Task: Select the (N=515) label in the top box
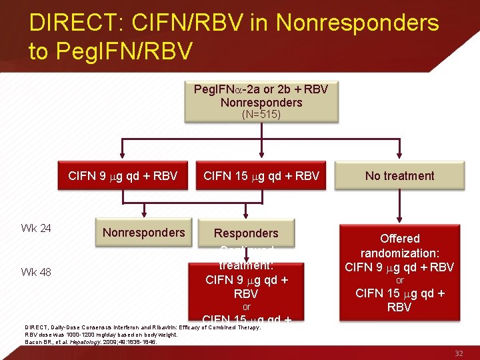tap(261, 114)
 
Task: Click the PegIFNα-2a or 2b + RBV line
tap(261, 89)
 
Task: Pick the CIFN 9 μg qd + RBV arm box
tap(123, 176)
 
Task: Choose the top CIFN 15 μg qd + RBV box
tap(261, 176)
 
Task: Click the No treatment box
tap(399, 176)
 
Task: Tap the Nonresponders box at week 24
tap(143, 232)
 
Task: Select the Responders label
tap(246, 233)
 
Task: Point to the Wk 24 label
tap(36, 229)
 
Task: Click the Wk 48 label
tap(36, 271)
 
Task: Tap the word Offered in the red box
tap(399, 238)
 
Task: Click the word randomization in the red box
tap(398, 253)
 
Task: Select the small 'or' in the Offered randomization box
tap(399, 280)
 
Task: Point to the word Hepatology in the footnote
tap(83, 342)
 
